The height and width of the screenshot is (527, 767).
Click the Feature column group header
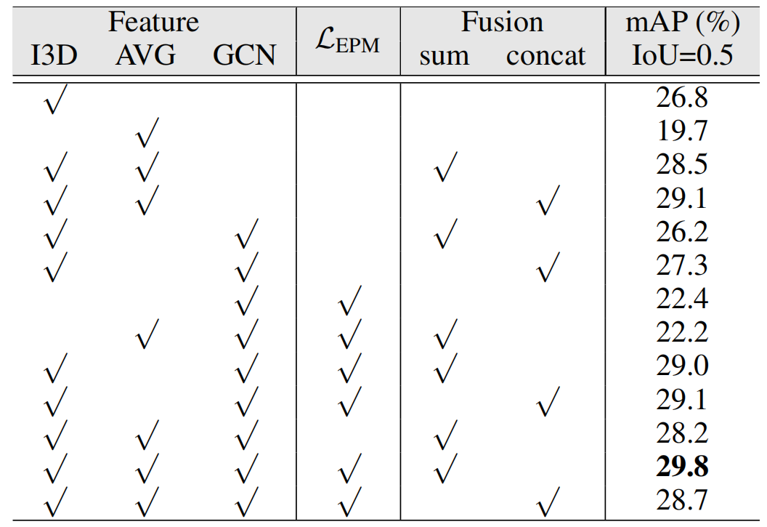coord(153,23)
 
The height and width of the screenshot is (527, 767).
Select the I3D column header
coord(54,56)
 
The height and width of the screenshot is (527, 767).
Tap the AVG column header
coord(145,56)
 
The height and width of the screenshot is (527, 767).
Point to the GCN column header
coord(245,56)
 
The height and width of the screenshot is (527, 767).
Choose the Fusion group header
coord(502,23)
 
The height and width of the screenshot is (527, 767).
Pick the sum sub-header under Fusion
coord(444,56)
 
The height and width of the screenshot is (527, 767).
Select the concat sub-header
coord(546,56)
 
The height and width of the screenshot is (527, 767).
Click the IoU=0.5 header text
coord(682,56)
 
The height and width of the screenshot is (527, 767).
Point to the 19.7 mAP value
coord(682,132)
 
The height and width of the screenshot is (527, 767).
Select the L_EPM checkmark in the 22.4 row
coord(349,300)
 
